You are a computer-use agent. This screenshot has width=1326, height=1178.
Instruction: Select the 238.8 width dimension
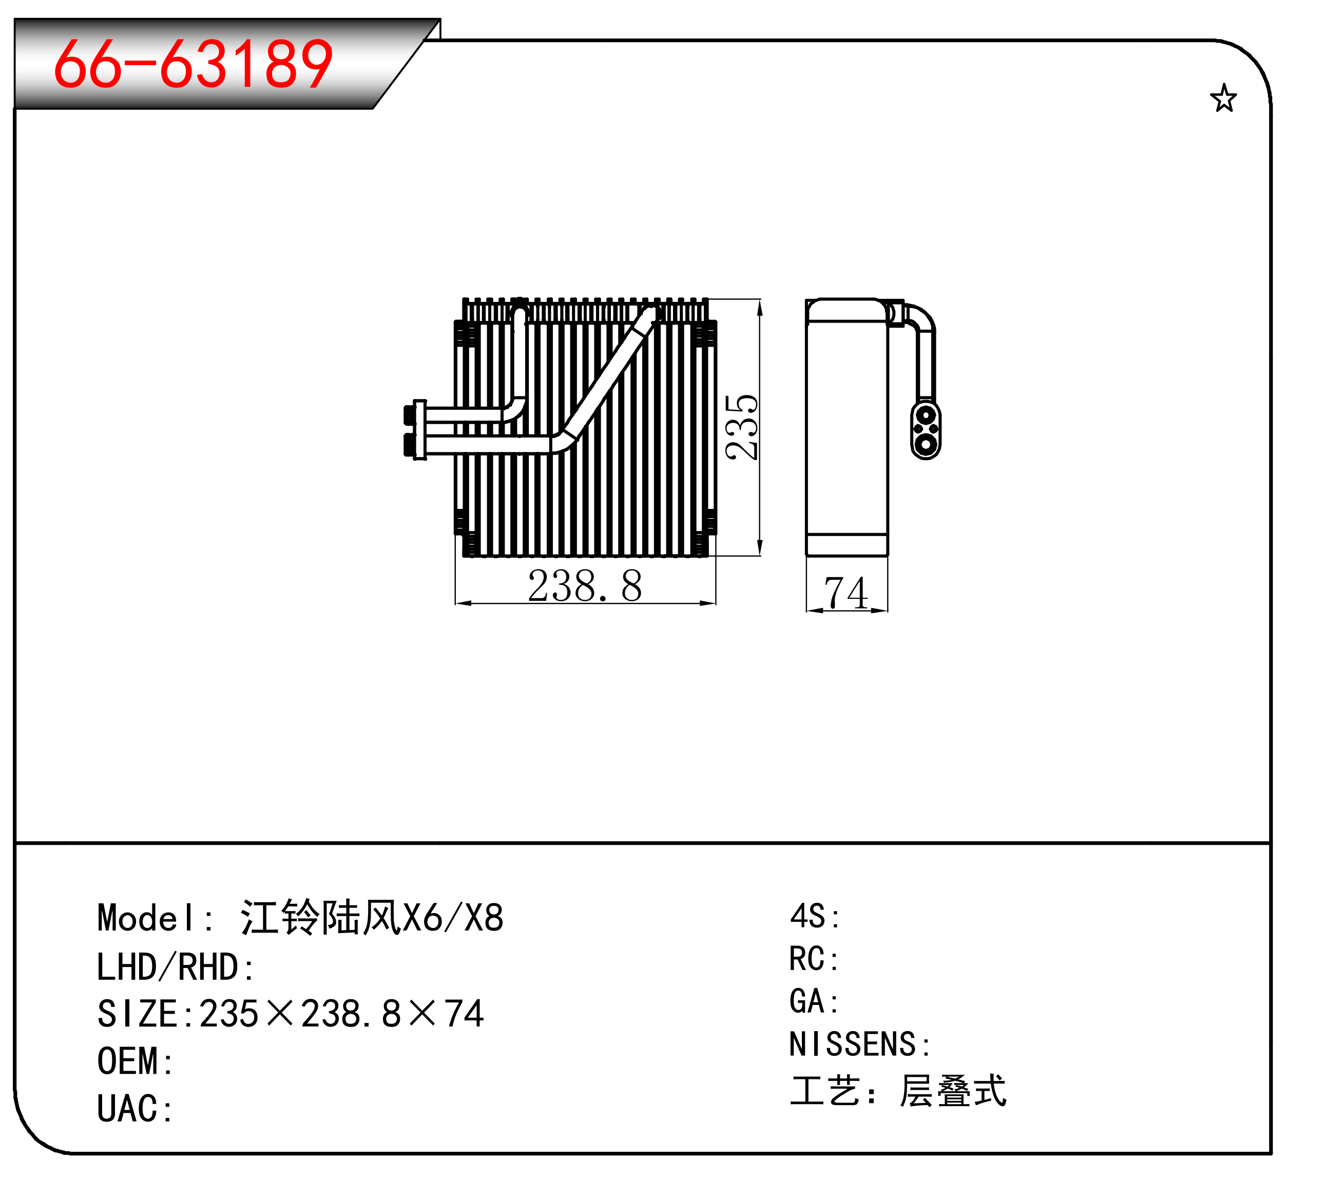coord(585,585)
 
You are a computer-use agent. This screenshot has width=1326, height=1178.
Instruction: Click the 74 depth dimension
coord(845,593)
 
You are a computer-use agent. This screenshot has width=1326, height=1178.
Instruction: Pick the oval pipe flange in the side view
coord(925,430)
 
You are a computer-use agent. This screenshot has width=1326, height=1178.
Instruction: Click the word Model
coord(146,918)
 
